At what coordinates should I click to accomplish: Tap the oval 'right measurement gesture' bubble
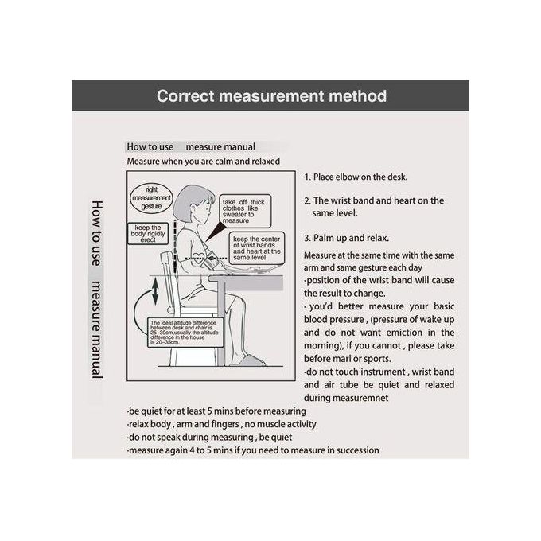coord(151,197)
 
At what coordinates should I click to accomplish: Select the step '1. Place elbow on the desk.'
coord(356,177)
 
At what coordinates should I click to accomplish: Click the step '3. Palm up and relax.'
coord(346,238)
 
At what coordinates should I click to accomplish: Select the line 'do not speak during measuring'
coord(209,438)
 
